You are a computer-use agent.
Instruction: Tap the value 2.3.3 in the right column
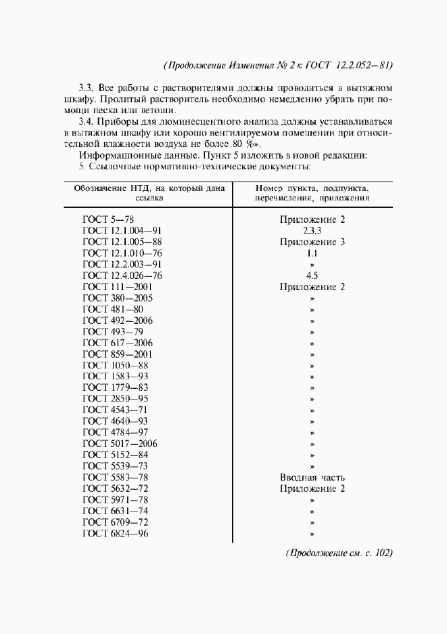312,230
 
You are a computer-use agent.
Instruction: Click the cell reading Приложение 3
312,242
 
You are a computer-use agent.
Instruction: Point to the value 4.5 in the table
312,276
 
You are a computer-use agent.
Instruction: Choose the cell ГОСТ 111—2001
118,287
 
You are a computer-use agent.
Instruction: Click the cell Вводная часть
312,477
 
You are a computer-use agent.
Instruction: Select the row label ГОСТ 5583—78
116,477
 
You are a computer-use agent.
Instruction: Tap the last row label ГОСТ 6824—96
116,533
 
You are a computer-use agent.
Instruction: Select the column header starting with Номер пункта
312,194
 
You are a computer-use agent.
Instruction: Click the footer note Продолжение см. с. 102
339,553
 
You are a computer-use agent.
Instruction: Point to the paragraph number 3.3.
86,87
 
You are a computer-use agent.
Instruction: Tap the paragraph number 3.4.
86,121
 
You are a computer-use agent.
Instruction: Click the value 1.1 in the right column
312,253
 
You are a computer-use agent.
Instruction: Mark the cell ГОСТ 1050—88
116,365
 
